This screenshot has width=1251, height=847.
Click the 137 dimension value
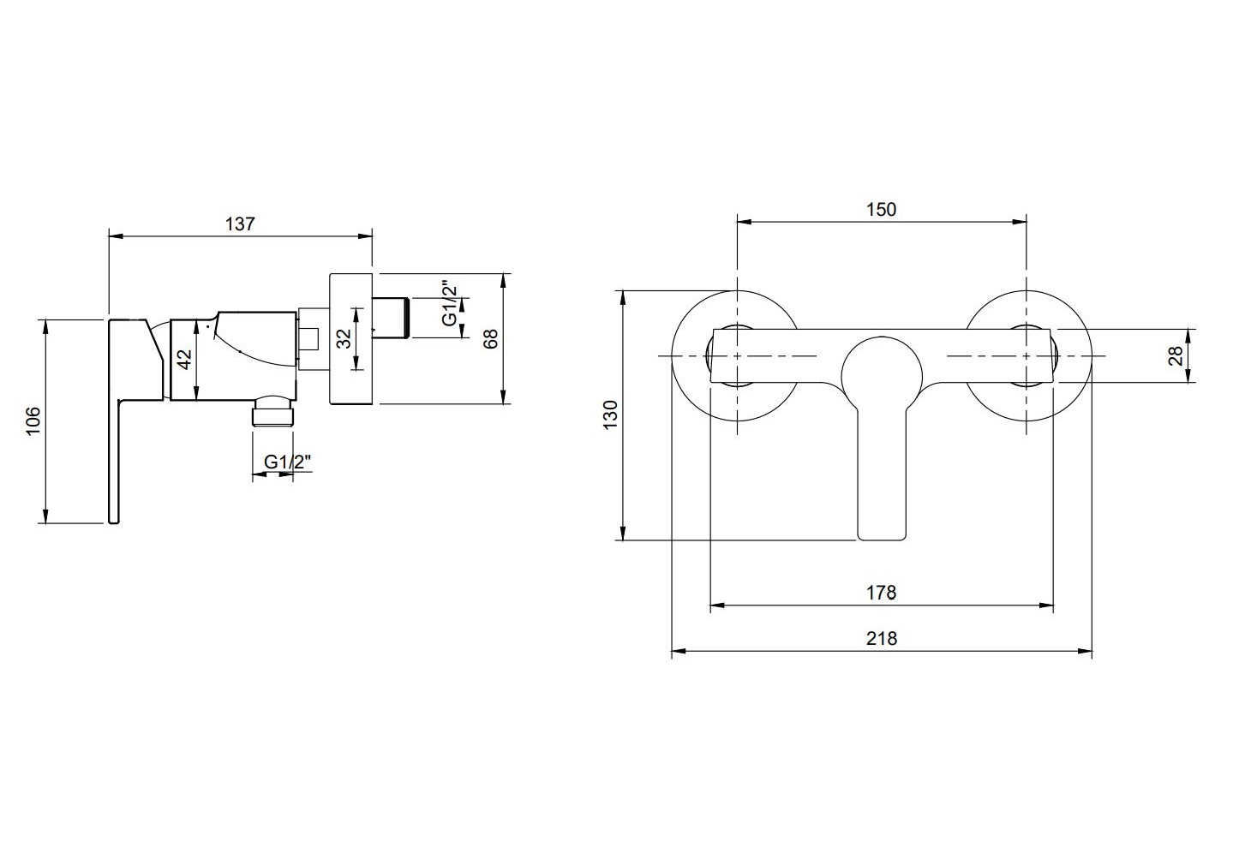240,224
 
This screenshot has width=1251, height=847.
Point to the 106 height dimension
34,421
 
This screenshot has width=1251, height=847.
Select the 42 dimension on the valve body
184,359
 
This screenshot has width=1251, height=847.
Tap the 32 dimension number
344,339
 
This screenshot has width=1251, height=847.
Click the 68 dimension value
490,339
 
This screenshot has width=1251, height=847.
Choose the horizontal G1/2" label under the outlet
287,462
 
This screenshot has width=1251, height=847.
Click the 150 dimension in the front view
882,209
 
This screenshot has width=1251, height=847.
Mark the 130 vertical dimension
611,415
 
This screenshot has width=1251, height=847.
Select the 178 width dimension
882,593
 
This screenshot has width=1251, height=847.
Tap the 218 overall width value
882,638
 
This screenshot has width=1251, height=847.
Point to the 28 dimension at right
1176,355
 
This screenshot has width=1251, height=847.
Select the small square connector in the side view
308,340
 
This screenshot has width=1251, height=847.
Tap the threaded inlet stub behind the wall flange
392,317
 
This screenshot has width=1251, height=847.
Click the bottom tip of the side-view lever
113,522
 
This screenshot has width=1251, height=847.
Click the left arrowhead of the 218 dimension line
678,651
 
